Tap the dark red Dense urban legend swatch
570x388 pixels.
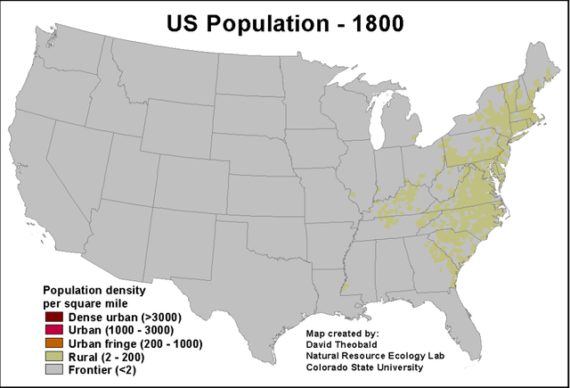click(53, 318)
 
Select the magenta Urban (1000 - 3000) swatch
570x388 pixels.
click(53, 330)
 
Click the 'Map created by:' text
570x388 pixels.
click(343, 330)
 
